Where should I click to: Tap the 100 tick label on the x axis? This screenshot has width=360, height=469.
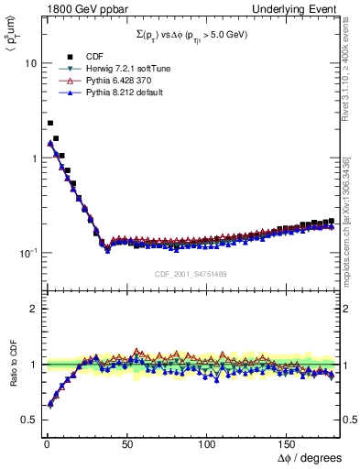click(x=207, y=443)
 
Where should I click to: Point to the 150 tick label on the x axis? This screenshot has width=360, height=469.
click(x=288, y=443)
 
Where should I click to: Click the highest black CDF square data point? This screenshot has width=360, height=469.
click(x=49, y=123)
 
